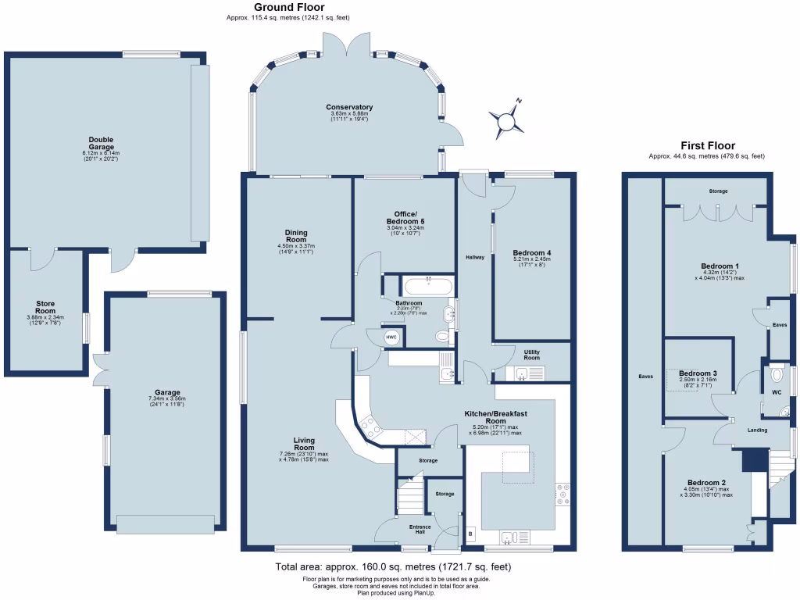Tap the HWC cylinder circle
point(391,337)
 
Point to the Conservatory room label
point(349,107)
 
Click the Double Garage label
point(101,143)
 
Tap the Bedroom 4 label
point(532,253)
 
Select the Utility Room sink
point(534,373)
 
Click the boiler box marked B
point(470,534)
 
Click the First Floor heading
point(707,145)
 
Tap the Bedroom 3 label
point(698,373)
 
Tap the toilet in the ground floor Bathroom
point(442,337)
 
